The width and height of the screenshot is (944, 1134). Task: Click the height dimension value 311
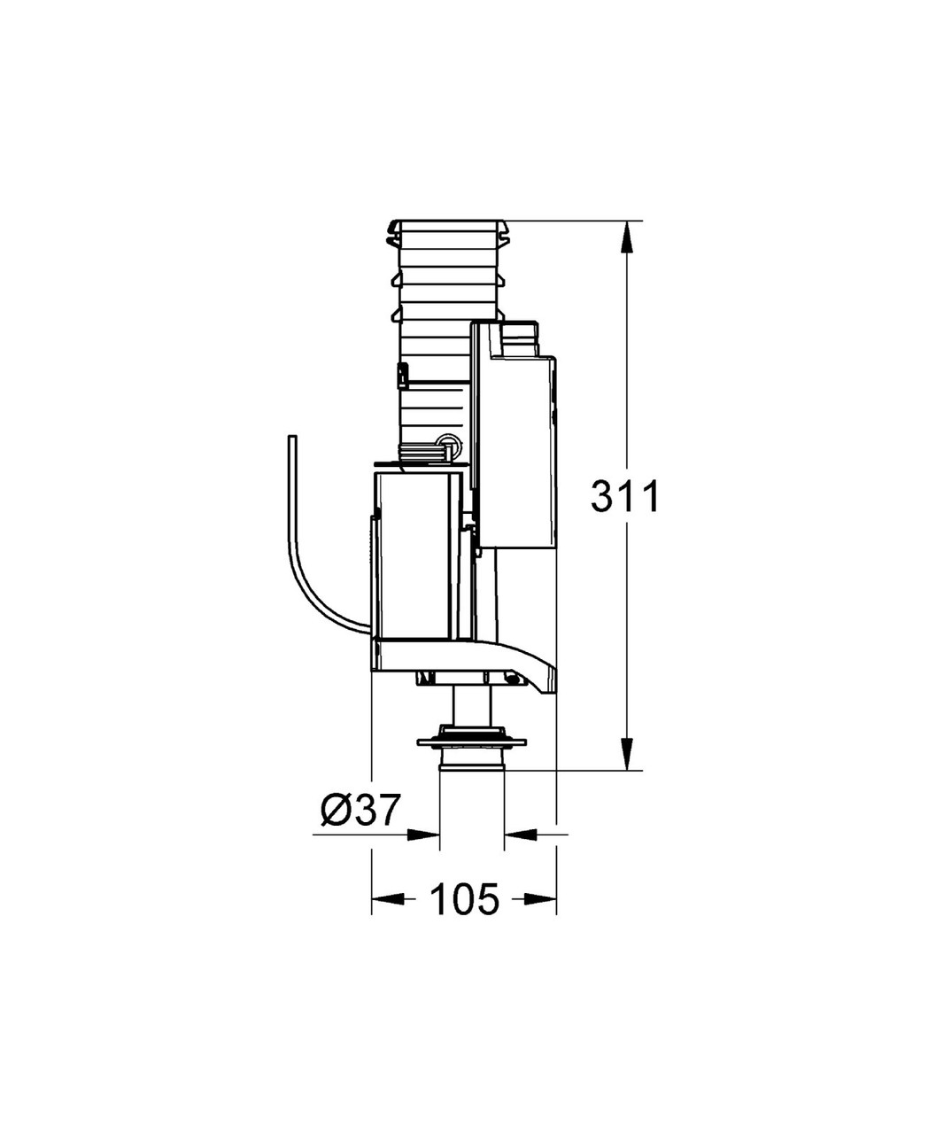point(625,497)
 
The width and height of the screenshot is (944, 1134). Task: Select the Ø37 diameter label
point(360,810)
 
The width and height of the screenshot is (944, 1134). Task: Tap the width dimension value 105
point(464,900)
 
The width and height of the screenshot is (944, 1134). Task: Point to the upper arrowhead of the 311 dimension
point(626,236)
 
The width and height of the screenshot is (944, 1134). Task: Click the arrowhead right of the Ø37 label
point(424,834)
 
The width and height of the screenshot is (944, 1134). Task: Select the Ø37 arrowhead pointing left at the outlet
point(520,834)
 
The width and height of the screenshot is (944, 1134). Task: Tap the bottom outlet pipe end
point(472,764)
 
